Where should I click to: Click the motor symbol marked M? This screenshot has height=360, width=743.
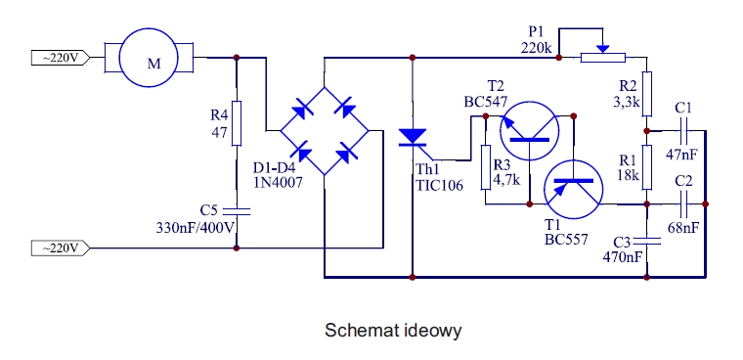point(149,58)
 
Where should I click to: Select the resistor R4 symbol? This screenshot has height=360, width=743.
point(237,123)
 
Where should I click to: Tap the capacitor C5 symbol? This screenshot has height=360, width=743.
point(237,211)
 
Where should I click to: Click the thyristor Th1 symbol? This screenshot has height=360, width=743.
point(413,138)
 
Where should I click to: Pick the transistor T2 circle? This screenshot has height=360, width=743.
point(529,130)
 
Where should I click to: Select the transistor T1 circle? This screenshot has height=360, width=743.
point(573,189)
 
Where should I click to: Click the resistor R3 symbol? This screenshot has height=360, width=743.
point(486,167)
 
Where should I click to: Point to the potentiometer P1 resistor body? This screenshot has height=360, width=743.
point(603,58)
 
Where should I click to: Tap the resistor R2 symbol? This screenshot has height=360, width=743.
point(647,94)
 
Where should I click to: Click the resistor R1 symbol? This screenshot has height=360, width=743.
point(647,167)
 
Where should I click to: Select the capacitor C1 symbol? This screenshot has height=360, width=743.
point(682,131)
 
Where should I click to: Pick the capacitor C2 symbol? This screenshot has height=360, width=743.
point(682,203)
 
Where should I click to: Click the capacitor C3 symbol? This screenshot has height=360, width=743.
point(647,241)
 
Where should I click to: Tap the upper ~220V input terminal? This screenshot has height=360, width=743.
point(61,58)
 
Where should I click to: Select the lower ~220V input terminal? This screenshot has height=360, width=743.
point(61,248)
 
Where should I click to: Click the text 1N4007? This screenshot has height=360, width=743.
point(278,183)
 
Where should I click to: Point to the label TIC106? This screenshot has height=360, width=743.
point(439,185)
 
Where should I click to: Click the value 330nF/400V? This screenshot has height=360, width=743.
point(196,228)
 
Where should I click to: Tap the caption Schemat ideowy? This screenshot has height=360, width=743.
point(393,330)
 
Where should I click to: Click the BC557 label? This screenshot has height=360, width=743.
point(566,239)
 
